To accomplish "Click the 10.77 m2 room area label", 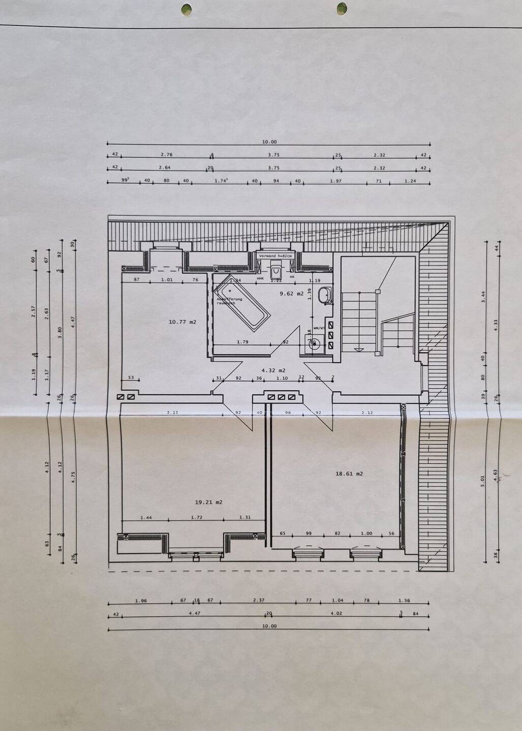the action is coord(182,322).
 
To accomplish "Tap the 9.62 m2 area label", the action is coord(292,293).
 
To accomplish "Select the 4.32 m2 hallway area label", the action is coord(273,371).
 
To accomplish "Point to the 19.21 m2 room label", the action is coord(209,502).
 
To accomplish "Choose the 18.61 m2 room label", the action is coord(349,474).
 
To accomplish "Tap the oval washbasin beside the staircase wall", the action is coord(324,295).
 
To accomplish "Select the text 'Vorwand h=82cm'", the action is coord(275,256).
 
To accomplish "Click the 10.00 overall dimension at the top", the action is coord(269,142).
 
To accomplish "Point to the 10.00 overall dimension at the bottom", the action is coord(269,626).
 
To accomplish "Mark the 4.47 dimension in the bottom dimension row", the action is coord(195,613).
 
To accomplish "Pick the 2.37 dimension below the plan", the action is coord(259,600).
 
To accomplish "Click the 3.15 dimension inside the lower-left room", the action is coord(172,413).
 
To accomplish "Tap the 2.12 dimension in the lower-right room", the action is coord(367,413).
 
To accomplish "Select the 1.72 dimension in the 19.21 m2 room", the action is coord(196,517).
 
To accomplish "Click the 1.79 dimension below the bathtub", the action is coord(242,342).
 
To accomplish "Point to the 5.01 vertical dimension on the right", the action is coord(483,481).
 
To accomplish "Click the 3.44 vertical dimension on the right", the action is coord(483,297).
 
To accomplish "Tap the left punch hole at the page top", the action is coord(187,9).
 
